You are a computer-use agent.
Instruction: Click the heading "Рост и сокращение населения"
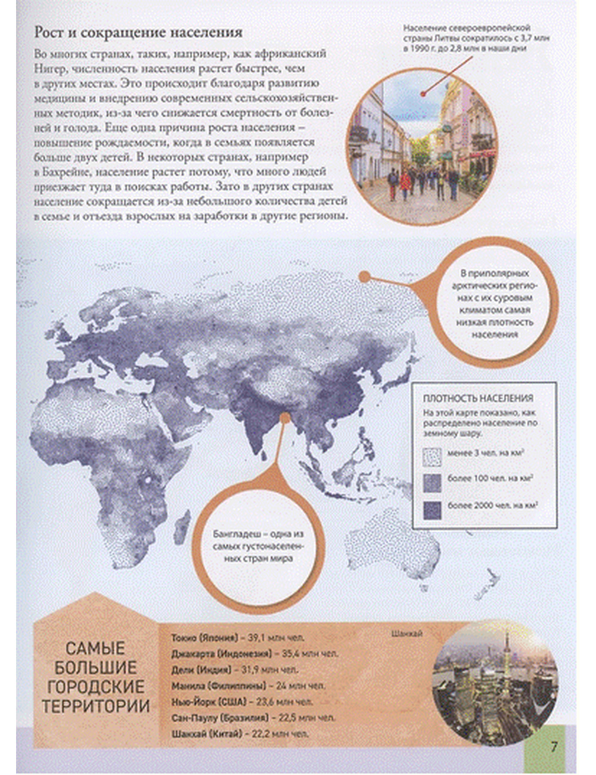click(x=138, y=32)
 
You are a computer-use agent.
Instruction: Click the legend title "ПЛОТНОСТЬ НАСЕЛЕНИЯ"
click(x=478, y=398)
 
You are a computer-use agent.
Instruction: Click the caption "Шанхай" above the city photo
click(x=408, y=634)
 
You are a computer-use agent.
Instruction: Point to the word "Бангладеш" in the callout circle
click(x=235, y=534)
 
